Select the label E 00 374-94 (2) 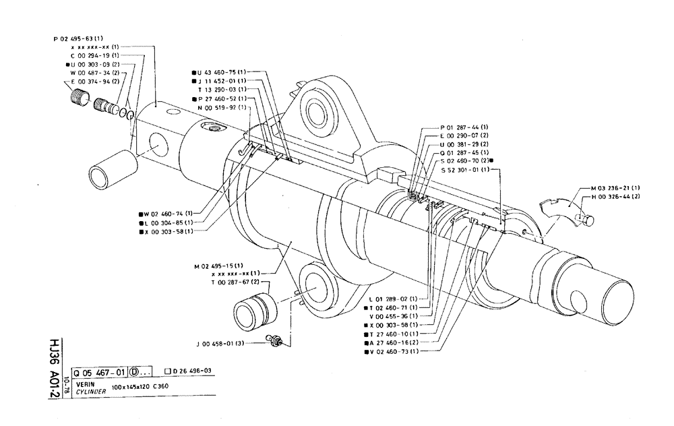pos(92,81)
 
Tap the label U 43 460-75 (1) pos(220,72)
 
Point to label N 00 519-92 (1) pos(222,107)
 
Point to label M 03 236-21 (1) pos(615,187)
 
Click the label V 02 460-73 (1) pos(394,351)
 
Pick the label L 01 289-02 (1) pos(394,299)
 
